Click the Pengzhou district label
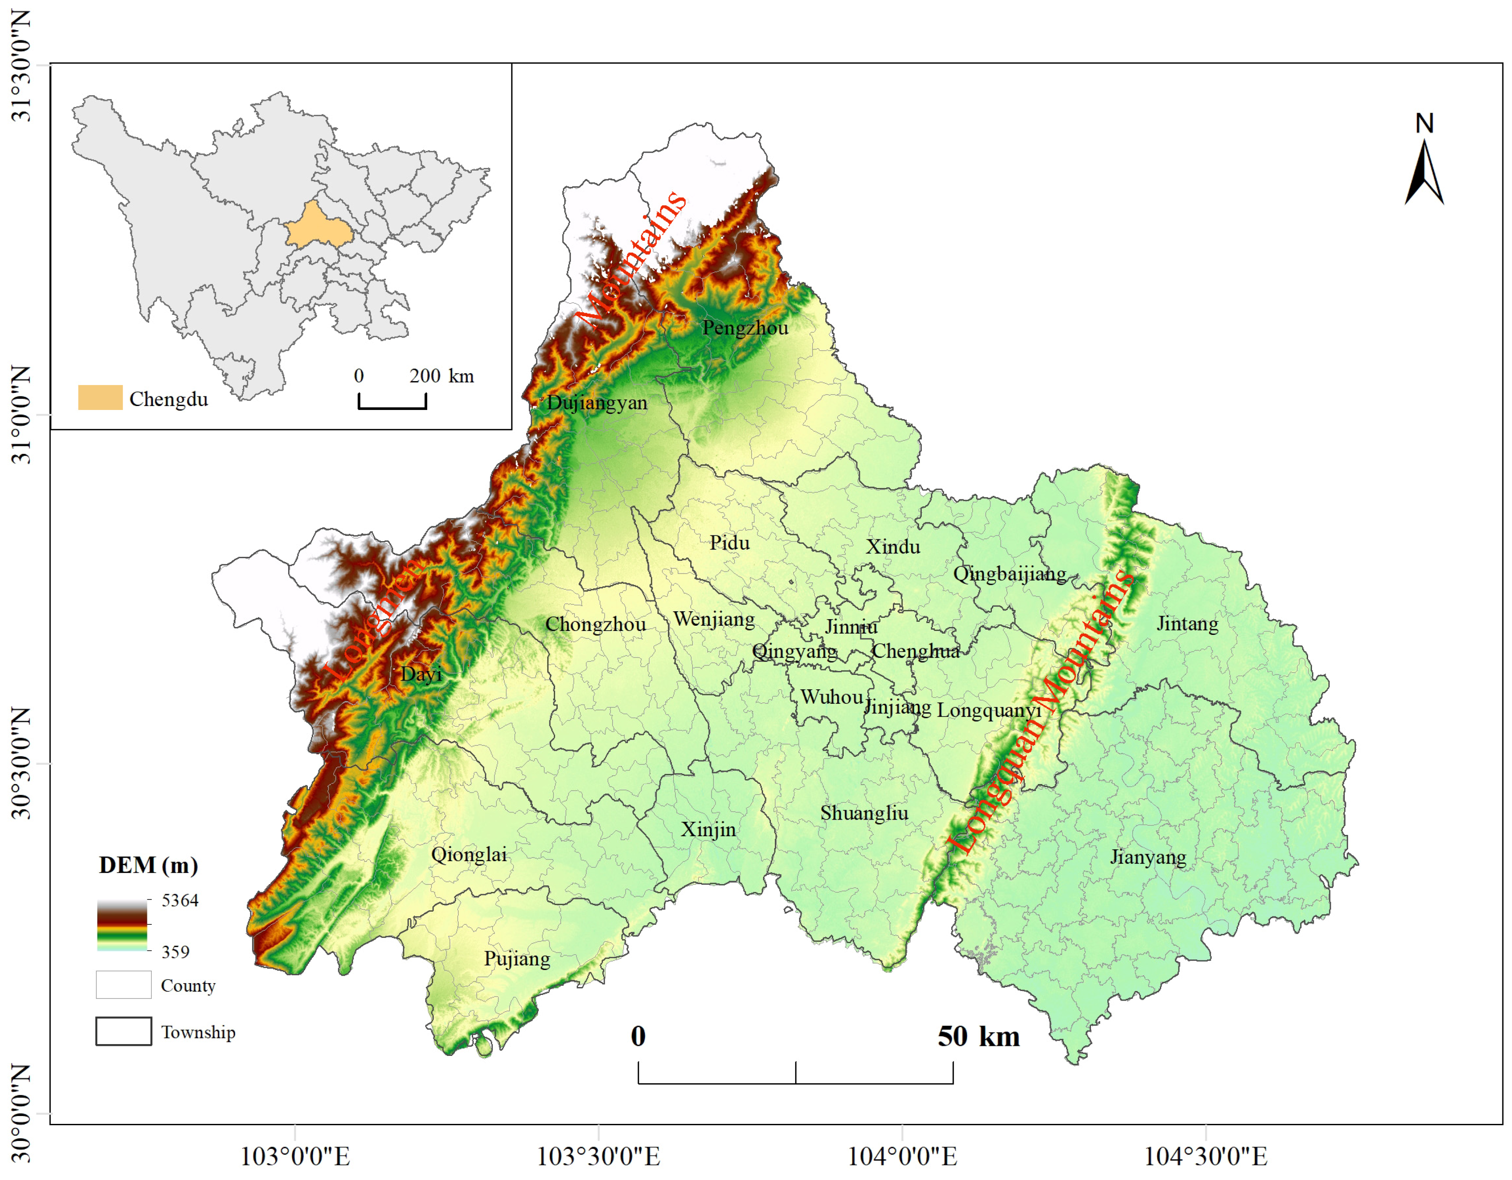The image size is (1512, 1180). point(745,328)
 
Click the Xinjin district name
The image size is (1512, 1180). point(708,829)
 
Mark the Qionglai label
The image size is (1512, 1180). point(469,854)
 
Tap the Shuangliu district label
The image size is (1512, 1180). point(864,813)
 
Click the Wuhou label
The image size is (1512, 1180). point(831,696)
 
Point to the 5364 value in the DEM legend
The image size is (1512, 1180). point(180,900)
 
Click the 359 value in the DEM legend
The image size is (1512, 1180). point(175,952)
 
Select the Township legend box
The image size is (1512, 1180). point(123,1031)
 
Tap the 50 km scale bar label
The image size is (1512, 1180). point(978,1037)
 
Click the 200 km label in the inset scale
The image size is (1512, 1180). point(441,376)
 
